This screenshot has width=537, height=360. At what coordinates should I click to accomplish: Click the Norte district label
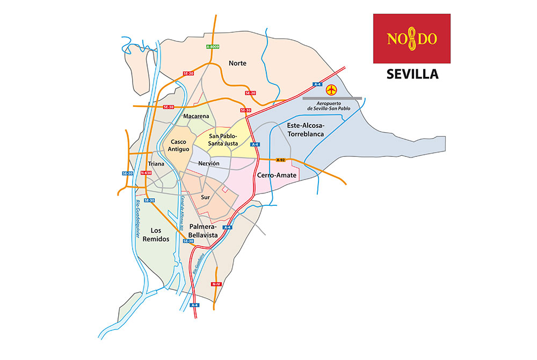(x=237, y=63)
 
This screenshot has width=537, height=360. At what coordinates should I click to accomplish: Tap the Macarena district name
(x=196, y=116)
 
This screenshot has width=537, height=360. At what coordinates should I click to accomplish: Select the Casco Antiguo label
(x=178, y=145)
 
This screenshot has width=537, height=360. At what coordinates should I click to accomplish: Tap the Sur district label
(x=205, y=197)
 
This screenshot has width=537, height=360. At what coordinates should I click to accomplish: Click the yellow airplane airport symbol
(x=332, y=89)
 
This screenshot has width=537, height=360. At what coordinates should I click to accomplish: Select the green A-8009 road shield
(x=213, y=47)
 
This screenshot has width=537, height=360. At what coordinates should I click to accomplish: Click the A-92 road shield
(x=280, y=160)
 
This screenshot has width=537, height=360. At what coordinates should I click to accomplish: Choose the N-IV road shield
(x=216, y=284)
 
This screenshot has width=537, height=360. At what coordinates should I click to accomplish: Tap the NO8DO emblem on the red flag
(x=412, y=39)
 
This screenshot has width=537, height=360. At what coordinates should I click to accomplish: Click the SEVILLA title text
(x=412, y=74)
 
